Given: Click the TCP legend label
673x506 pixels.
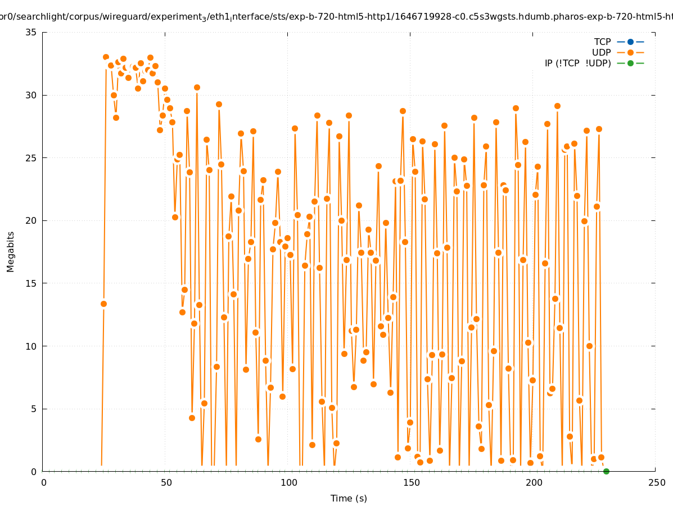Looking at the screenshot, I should (602, 42).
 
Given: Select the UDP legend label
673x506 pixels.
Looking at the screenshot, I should (601, 52).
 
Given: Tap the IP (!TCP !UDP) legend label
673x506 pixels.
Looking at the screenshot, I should (577, 63).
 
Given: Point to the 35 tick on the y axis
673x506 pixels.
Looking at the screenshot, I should (31, 32).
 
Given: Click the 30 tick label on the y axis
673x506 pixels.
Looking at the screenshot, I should (31, 95).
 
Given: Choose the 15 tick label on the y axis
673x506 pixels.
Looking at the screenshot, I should (31, 283).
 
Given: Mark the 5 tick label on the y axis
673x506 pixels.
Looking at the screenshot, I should (34, 409).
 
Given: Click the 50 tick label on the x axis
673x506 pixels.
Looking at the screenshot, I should (166, 482).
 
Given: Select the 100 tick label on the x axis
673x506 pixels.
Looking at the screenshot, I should (288, 482).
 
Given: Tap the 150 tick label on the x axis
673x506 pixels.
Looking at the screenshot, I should (411, 482).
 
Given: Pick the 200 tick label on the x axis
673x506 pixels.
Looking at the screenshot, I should (534, 482).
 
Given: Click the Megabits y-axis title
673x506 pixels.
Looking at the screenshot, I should (11, 251).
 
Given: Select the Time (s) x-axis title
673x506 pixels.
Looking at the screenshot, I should (349, 498).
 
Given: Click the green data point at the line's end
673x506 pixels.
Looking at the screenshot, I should (606, 471).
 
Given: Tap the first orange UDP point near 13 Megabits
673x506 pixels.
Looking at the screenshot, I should (103, 304).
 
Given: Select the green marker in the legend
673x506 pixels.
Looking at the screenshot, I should (630, 63).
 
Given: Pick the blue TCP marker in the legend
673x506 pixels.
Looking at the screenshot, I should (630, 42).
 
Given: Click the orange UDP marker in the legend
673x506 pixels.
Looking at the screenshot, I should (630, 52).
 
